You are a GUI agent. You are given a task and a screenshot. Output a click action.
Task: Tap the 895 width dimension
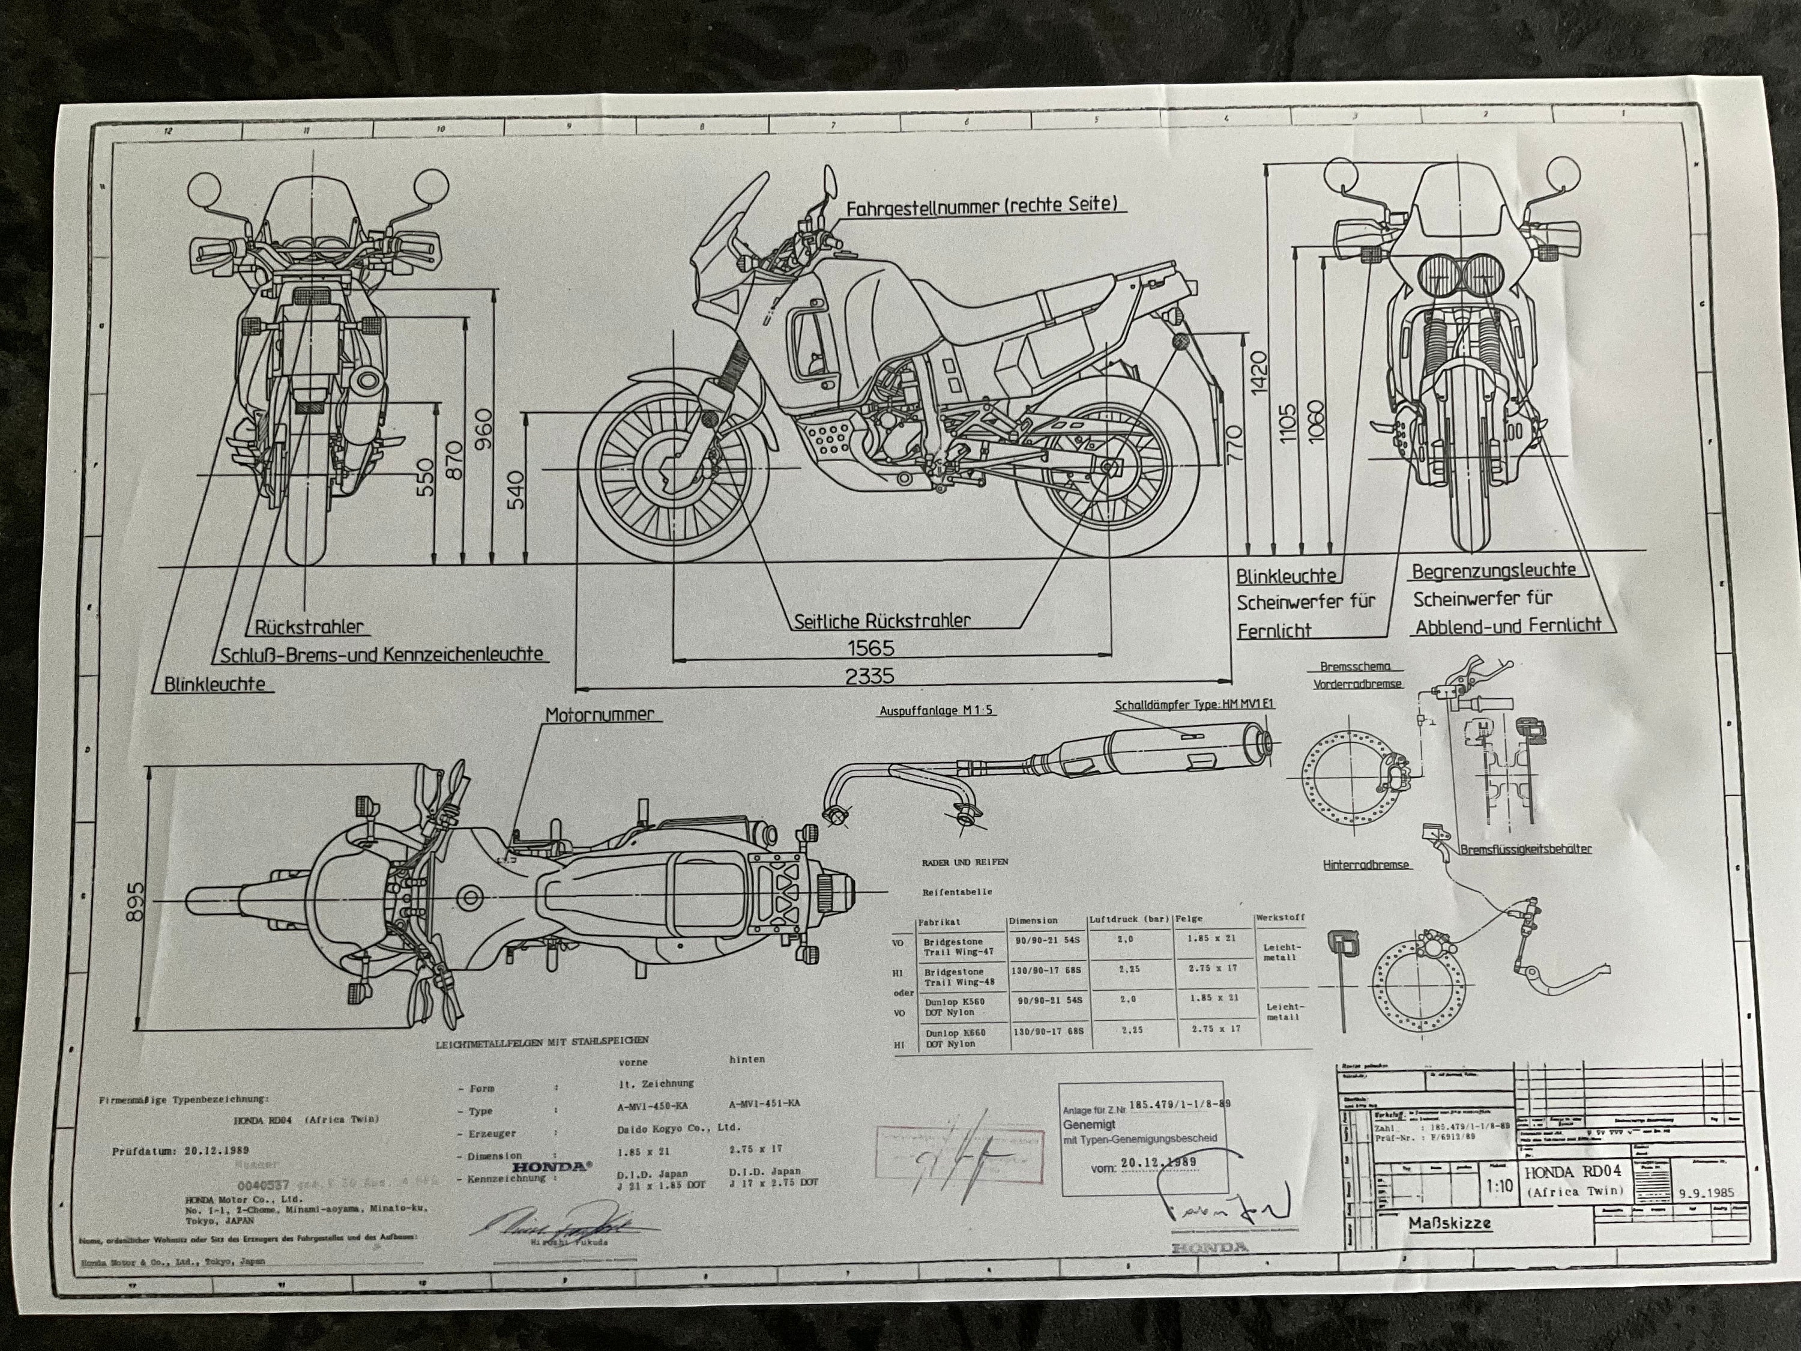(x=134, y=901)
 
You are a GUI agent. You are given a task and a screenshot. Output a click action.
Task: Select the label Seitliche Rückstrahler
(x=882, y=620)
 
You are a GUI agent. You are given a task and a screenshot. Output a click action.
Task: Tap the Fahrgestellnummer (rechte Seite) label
(x=981, y=205)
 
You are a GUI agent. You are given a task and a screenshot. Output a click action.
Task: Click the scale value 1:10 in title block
(x=1499, y=1186)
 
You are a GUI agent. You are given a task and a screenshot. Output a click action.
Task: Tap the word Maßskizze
(x=1450, y=1224)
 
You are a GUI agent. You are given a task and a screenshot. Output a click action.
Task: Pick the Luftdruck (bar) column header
(x=1129, y=919)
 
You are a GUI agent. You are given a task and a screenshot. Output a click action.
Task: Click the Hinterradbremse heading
(x=1366, y=865)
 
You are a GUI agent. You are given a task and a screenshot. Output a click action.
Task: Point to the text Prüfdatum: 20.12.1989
(x=181, y=1152)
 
